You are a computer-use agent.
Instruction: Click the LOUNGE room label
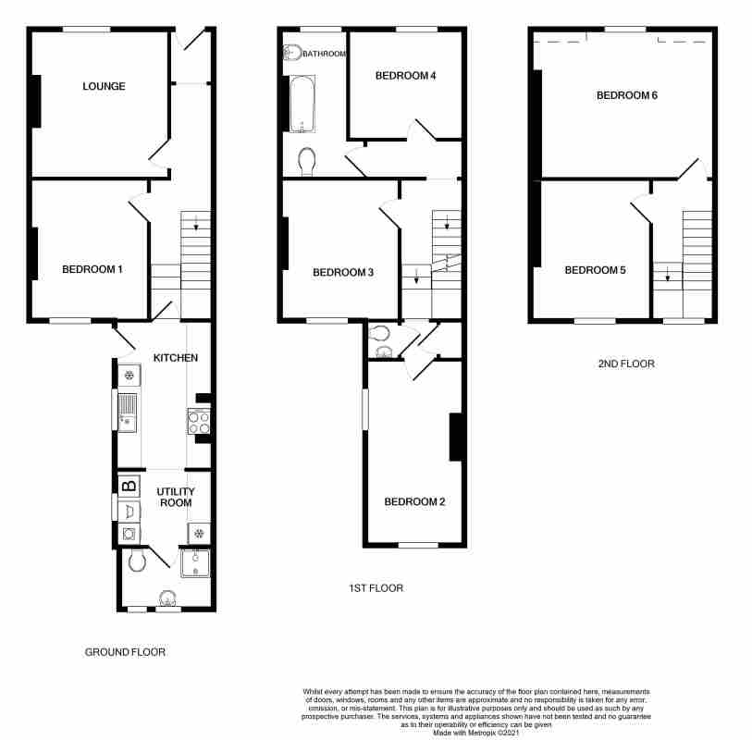click(x=105, y=86)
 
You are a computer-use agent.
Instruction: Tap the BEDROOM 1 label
click(x=92, y=269)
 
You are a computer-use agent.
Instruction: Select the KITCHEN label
click(x=176, y=358)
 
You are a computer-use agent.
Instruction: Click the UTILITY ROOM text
click(x=176, y=498)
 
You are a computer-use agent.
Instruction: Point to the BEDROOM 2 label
click(x=414, y=501)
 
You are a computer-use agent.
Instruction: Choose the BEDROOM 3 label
click(x=343, y=272)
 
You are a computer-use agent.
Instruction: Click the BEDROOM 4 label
click(x=405, y=76)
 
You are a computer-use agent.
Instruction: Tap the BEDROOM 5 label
click(x=595, y=270)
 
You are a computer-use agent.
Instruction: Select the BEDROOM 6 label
click(x=627, y=95)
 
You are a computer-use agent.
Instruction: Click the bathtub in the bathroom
click(x=302, y=104)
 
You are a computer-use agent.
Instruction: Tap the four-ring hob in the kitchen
click(x=199, y=422)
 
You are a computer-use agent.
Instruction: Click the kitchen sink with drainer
click(x=127, y=413)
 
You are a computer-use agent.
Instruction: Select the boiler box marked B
click(x=129, y=487)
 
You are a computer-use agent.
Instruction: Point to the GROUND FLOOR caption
click(x=125, y=652)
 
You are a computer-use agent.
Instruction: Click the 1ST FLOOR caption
click(x=376, y=588)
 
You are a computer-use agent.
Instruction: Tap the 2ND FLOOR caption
click(x=626, y=364)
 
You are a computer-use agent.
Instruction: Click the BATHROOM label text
click(x=325, y=54)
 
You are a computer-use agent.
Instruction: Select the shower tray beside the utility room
click(x=195, y=563)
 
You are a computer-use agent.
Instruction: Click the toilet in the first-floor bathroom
click(x=306, y=162)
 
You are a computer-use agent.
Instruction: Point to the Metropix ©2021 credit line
click(x=475, y=734)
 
